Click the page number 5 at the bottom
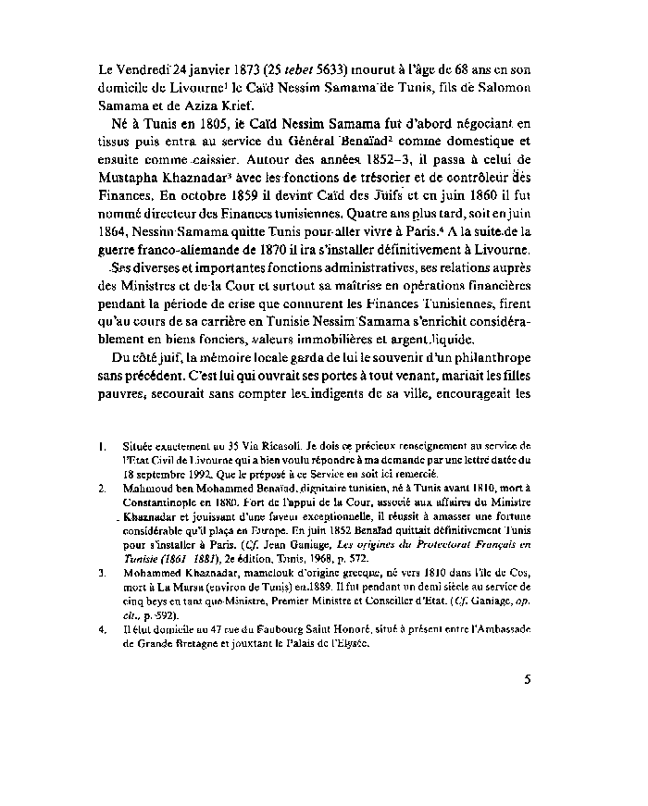click(x=527, y=680)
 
